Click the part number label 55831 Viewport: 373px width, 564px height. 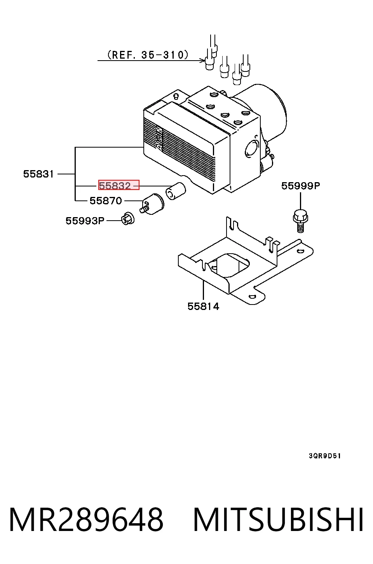38,174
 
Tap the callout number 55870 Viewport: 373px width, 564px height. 106,201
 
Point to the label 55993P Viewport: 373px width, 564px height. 85,221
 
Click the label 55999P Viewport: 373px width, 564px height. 301,186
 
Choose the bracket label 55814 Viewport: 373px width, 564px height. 203,306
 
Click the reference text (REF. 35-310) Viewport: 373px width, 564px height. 148,55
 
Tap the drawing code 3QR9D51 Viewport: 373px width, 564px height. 325,456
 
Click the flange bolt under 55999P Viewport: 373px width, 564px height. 300,221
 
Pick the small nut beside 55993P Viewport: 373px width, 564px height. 128,218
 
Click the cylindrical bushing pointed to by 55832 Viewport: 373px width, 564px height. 176,191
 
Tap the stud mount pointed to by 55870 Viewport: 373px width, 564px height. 152,204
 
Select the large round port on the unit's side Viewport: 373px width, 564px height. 252,149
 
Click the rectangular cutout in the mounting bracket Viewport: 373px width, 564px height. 229,265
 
